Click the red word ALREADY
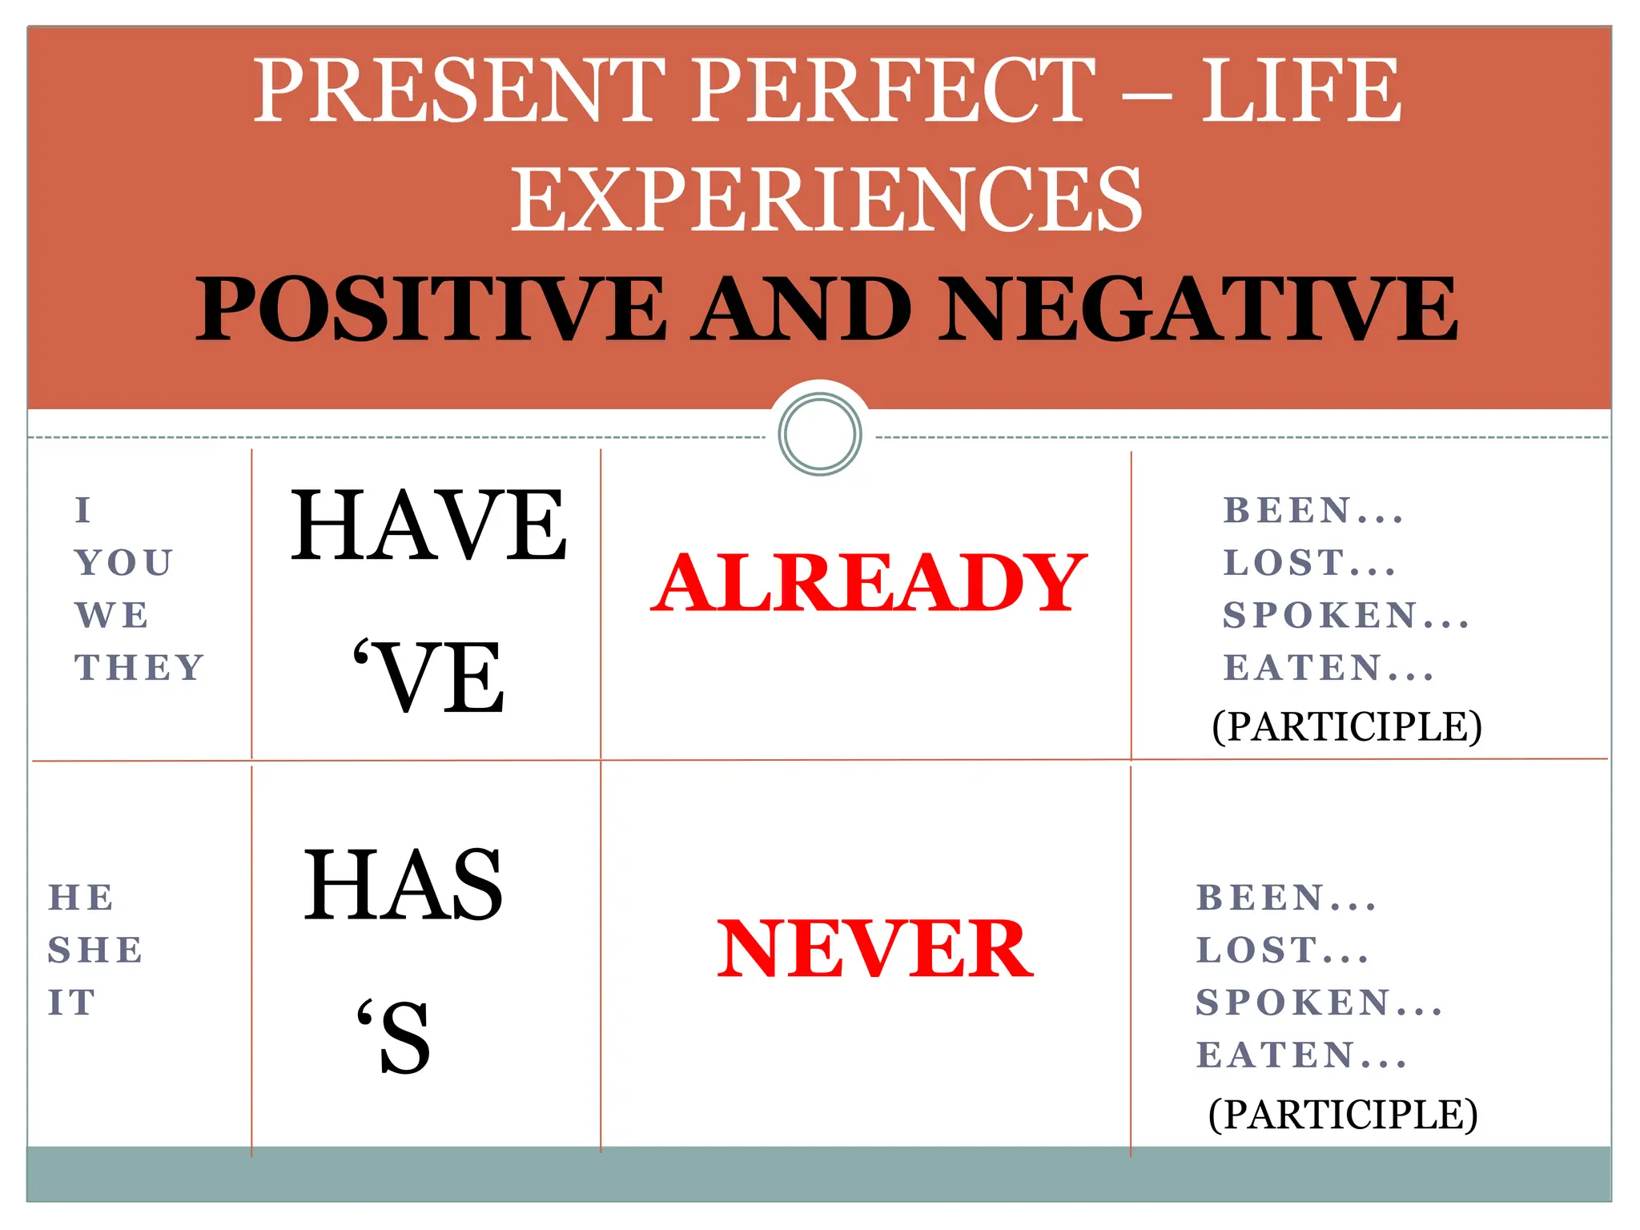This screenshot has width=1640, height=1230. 869,582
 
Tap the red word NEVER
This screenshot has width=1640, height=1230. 874,949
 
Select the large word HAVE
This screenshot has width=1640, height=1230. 428,526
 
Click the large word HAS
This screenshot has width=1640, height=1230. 403,885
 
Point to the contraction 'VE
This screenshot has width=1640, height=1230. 428,677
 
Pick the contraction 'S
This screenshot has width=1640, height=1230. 394,1037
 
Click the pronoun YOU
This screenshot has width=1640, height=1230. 124,563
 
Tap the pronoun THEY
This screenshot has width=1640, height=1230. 140,668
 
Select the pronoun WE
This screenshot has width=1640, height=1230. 112,616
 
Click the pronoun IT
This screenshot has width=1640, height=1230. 72,1003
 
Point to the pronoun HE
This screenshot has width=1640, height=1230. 81,898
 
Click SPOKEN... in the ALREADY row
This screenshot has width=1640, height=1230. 1345,615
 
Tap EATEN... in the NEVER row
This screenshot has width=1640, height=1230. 1301,1055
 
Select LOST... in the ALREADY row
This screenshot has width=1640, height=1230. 1309,563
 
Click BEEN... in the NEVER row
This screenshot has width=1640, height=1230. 1286,898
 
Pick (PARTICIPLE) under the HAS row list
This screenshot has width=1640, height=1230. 1343,1114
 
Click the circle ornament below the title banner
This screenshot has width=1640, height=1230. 820,434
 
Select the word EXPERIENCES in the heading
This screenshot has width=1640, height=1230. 826,199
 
